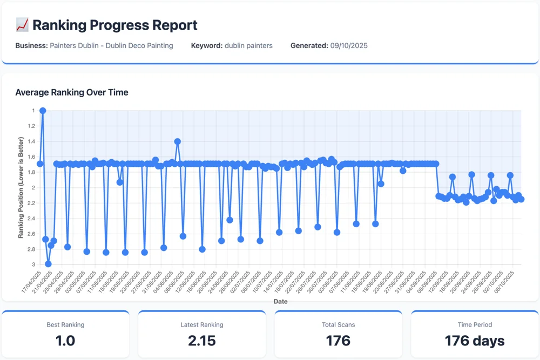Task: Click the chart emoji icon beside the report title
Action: point(22,25)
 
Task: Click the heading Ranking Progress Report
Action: point(115,25)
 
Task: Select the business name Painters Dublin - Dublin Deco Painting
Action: point(111,46)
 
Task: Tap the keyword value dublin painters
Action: point(248,46)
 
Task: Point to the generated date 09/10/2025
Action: point(349,46)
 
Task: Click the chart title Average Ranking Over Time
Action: point(72,92)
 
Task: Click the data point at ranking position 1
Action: point(43,111)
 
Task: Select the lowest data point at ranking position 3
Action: point(48,264)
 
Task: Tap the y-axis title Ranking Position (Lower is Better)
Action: point(21,187)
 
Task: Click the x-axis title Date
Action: point(280,301)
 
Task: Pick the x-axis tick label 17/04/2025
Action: point(32,283)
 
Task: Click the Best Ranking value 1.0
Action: point(65,341)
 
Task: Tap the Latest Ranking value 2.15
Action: point(202,341)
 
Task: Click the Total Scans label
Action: point(338,325)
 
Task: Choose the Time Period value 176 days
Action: point(474,341)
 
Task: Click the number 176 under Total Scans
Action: point(338,341)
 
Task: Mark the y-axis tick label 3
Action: point(33,264)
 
